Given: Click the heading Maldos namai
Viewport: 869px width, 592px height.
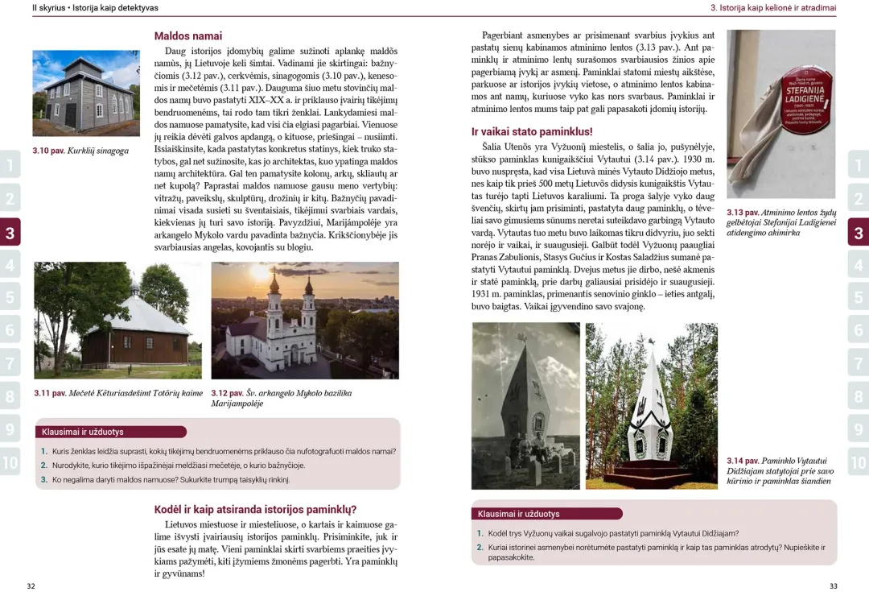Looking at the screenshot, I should point(187,36).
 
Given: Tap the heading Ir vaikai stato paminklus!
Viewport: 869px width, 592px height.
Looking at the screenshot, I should point(531,131).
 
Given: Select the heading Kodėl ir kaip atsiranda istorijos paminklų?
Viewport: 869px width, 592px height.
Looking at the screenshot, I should point(255,509).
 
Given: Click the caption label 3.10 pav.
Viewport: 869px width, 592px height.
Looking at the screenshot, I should point(48,151).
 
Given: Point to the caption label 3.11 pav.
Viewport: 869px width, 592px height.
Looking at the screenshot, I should point(50,393).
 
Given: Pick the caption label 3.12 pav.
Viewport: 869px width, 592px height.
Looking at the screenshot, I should point(227,393).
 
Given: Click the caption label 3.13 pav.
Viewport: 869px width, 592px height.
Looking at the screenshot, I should point(743,213).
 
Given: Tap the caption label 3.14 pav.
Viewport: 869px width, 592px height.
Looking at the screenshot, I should point(743,461).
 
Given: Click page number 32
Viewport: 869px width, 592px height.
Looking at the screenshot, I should point(31,586).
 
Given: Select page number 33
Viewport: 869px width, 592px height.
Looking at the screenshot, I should point(834,586).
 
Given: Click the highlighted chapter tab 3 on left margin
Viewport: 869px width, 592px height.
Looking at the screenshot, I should point(10,234).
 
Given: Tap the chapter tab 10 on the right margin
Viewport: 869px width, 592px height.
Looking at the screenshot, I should point(859,462).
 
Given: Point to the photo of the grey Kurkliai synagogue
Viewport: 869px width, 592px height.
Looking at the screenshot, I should point(86,93).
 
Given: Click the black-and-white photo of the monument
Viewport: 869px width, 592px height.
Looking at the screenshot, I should point(525,405).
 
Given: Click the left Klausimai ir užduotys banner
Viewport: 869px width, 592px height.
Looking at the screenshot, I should point(110,432).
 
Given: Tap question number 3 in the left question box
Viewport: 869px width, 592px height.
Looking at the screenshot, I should point(44,479).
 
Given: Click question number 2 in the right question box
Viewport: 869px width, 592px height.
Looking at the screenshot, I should point(480,548).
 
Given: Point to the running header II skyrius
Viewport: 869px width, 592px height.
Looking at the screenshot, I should point(47,7).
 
